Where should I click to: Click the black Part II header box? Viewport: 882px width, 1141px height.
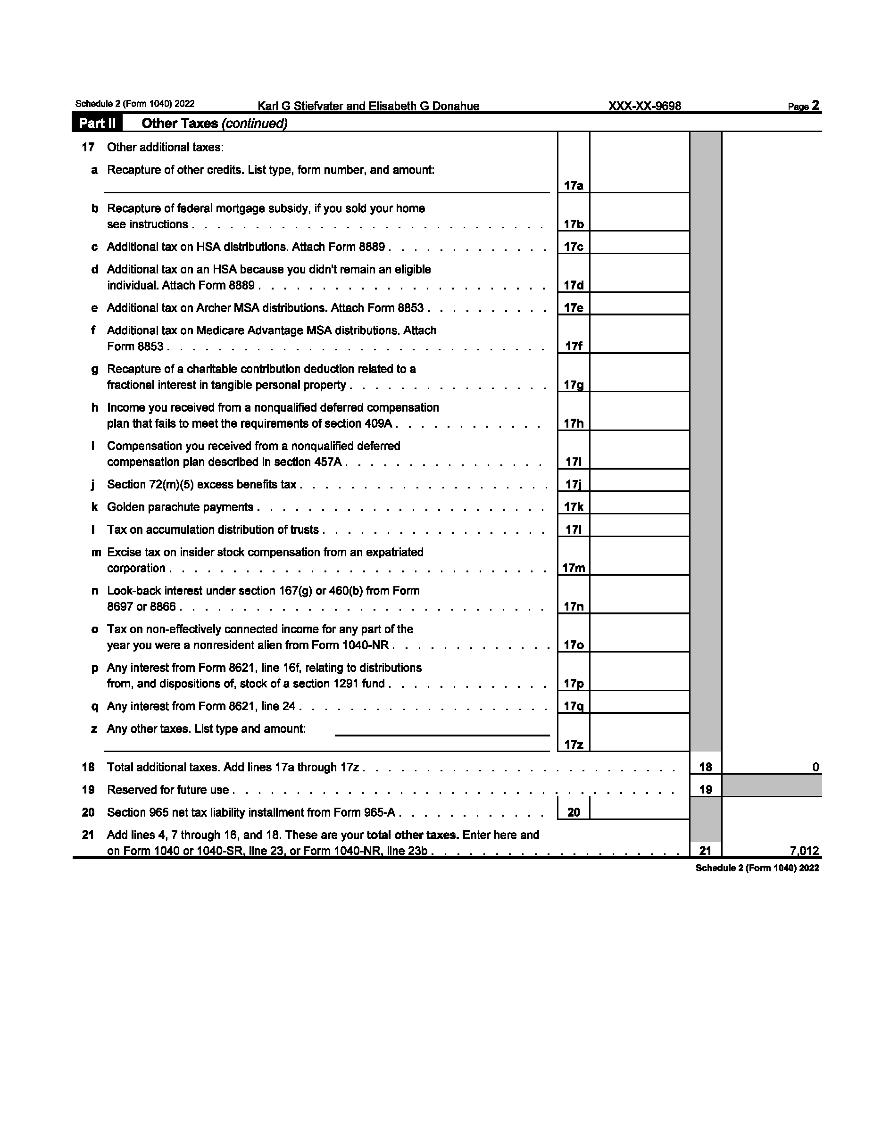97,124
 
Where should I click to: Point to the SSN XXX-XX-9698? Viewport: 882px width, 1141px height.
644,106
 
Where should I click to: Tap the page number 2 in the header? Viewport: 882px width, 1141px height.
815,106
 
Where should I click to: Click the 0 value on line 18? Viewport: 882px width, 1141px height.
815,767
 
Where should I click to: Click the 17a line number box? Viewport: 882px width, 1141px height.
573,185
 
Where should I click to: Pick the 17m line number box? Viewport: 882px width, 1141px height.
573,568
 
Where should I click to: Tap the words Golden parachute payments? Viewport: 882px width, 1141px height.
180,507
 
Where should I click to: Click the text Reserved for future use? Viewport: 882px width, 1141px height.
168,789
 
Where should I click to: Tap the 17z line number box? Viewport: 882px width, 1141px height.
573,744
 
